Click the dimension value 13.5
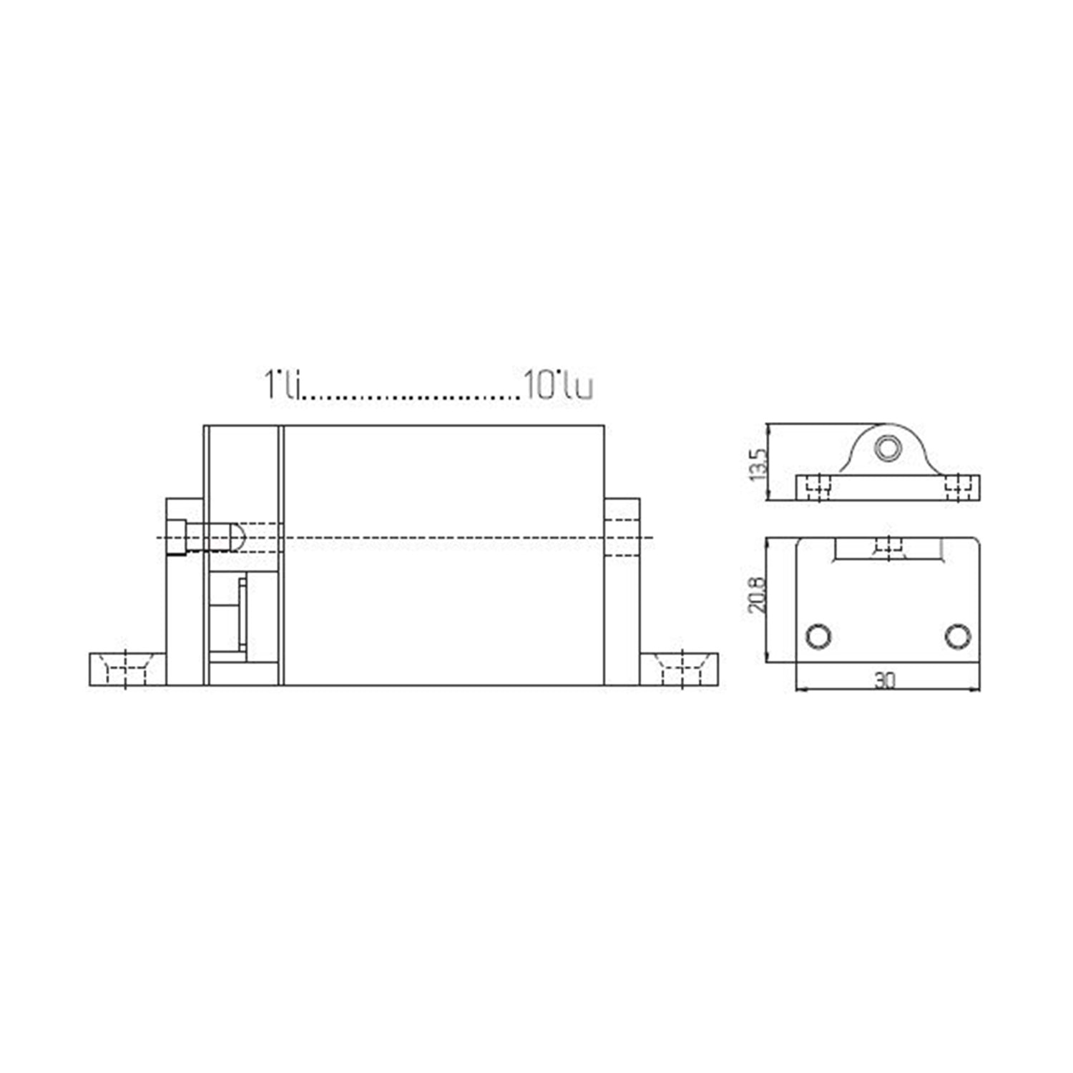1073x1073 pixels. (758, 464)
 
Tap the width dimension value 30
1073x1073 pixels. (885, 680)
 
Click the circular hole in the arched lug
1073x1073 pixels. (888, 449)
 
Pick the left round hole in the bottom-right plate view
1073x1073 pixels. (818, 636)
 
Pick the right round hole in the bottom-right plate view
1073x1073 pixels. (958, 636)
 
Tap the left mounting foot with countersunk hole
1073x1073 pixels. (127, 669)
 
